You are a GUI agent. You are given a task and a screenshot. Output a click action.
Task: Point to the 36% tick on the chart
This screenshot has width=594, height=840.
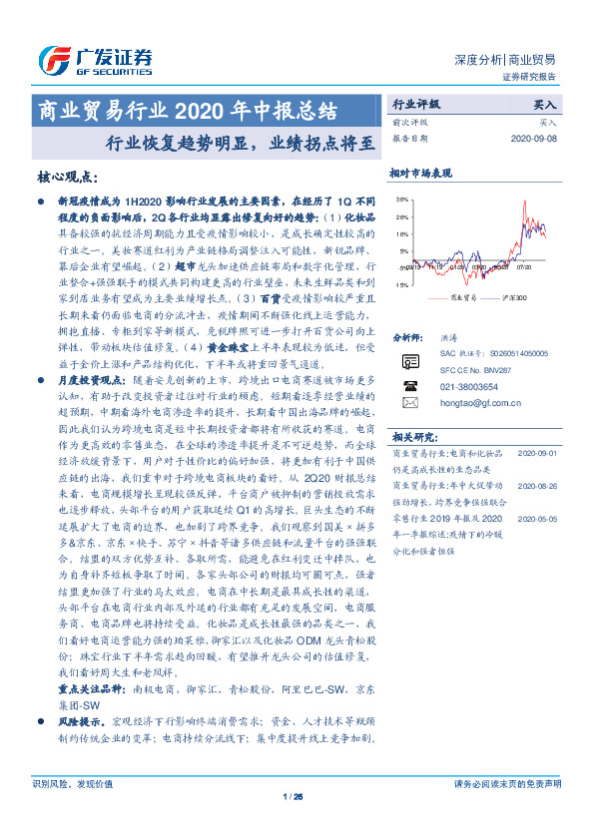click(x=401, y=200)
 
